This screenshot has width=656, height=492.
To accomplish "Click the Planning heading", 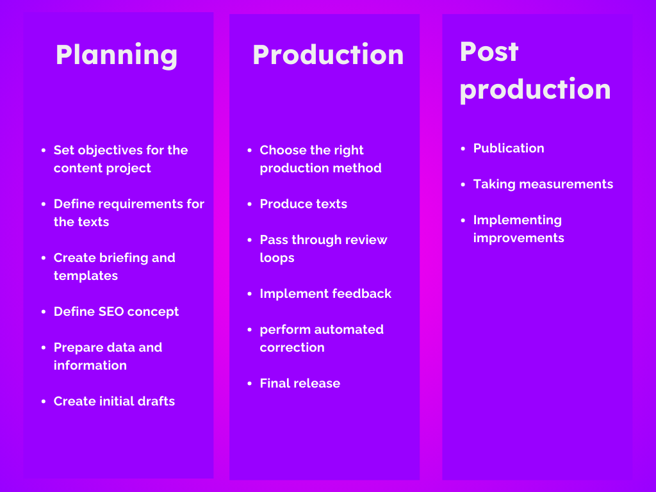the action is pyautogui.click(x=117, y=55).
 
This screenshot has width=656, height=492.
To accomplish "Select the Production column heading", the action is pyautogui.click(x=328, y=54).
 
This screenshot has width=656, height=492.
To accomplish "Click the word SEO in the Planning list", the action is pyautogui.click(x=111, y=312).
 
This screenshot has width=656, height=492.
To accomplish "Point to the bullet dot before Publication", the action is pyautogui.click(x=463, y=149).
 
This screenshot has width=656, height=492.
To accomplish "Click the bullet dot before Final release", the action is pyautogui.click(x=250, y=383).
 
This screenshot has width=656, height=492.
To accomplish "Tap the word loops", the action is pyautogui.click(x=277, y=258).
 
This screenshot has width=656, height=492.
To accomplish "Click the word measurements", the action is pyautogui.click(x=566, y=184).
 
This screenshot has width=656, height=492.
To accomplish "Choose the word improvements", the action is pyautogui.click(x=519, y=238).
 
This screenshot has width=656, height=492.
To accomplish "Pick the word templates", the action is pyautogui.click(x=86, y=275).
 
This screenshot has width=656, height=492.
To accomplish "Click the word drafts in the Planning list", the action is pyautogui.click(x=156, y=401).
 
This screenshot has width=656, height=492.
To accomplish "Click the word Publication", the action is pyautogui.click(x=509, y=148).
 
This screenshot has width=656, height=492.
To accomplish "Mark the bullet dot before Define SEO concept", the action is pyautogui.click(x=44, y=312).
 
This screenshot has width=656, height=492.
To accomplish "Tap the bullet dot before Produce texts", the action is pyautogui.click(x=250, y=204).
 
